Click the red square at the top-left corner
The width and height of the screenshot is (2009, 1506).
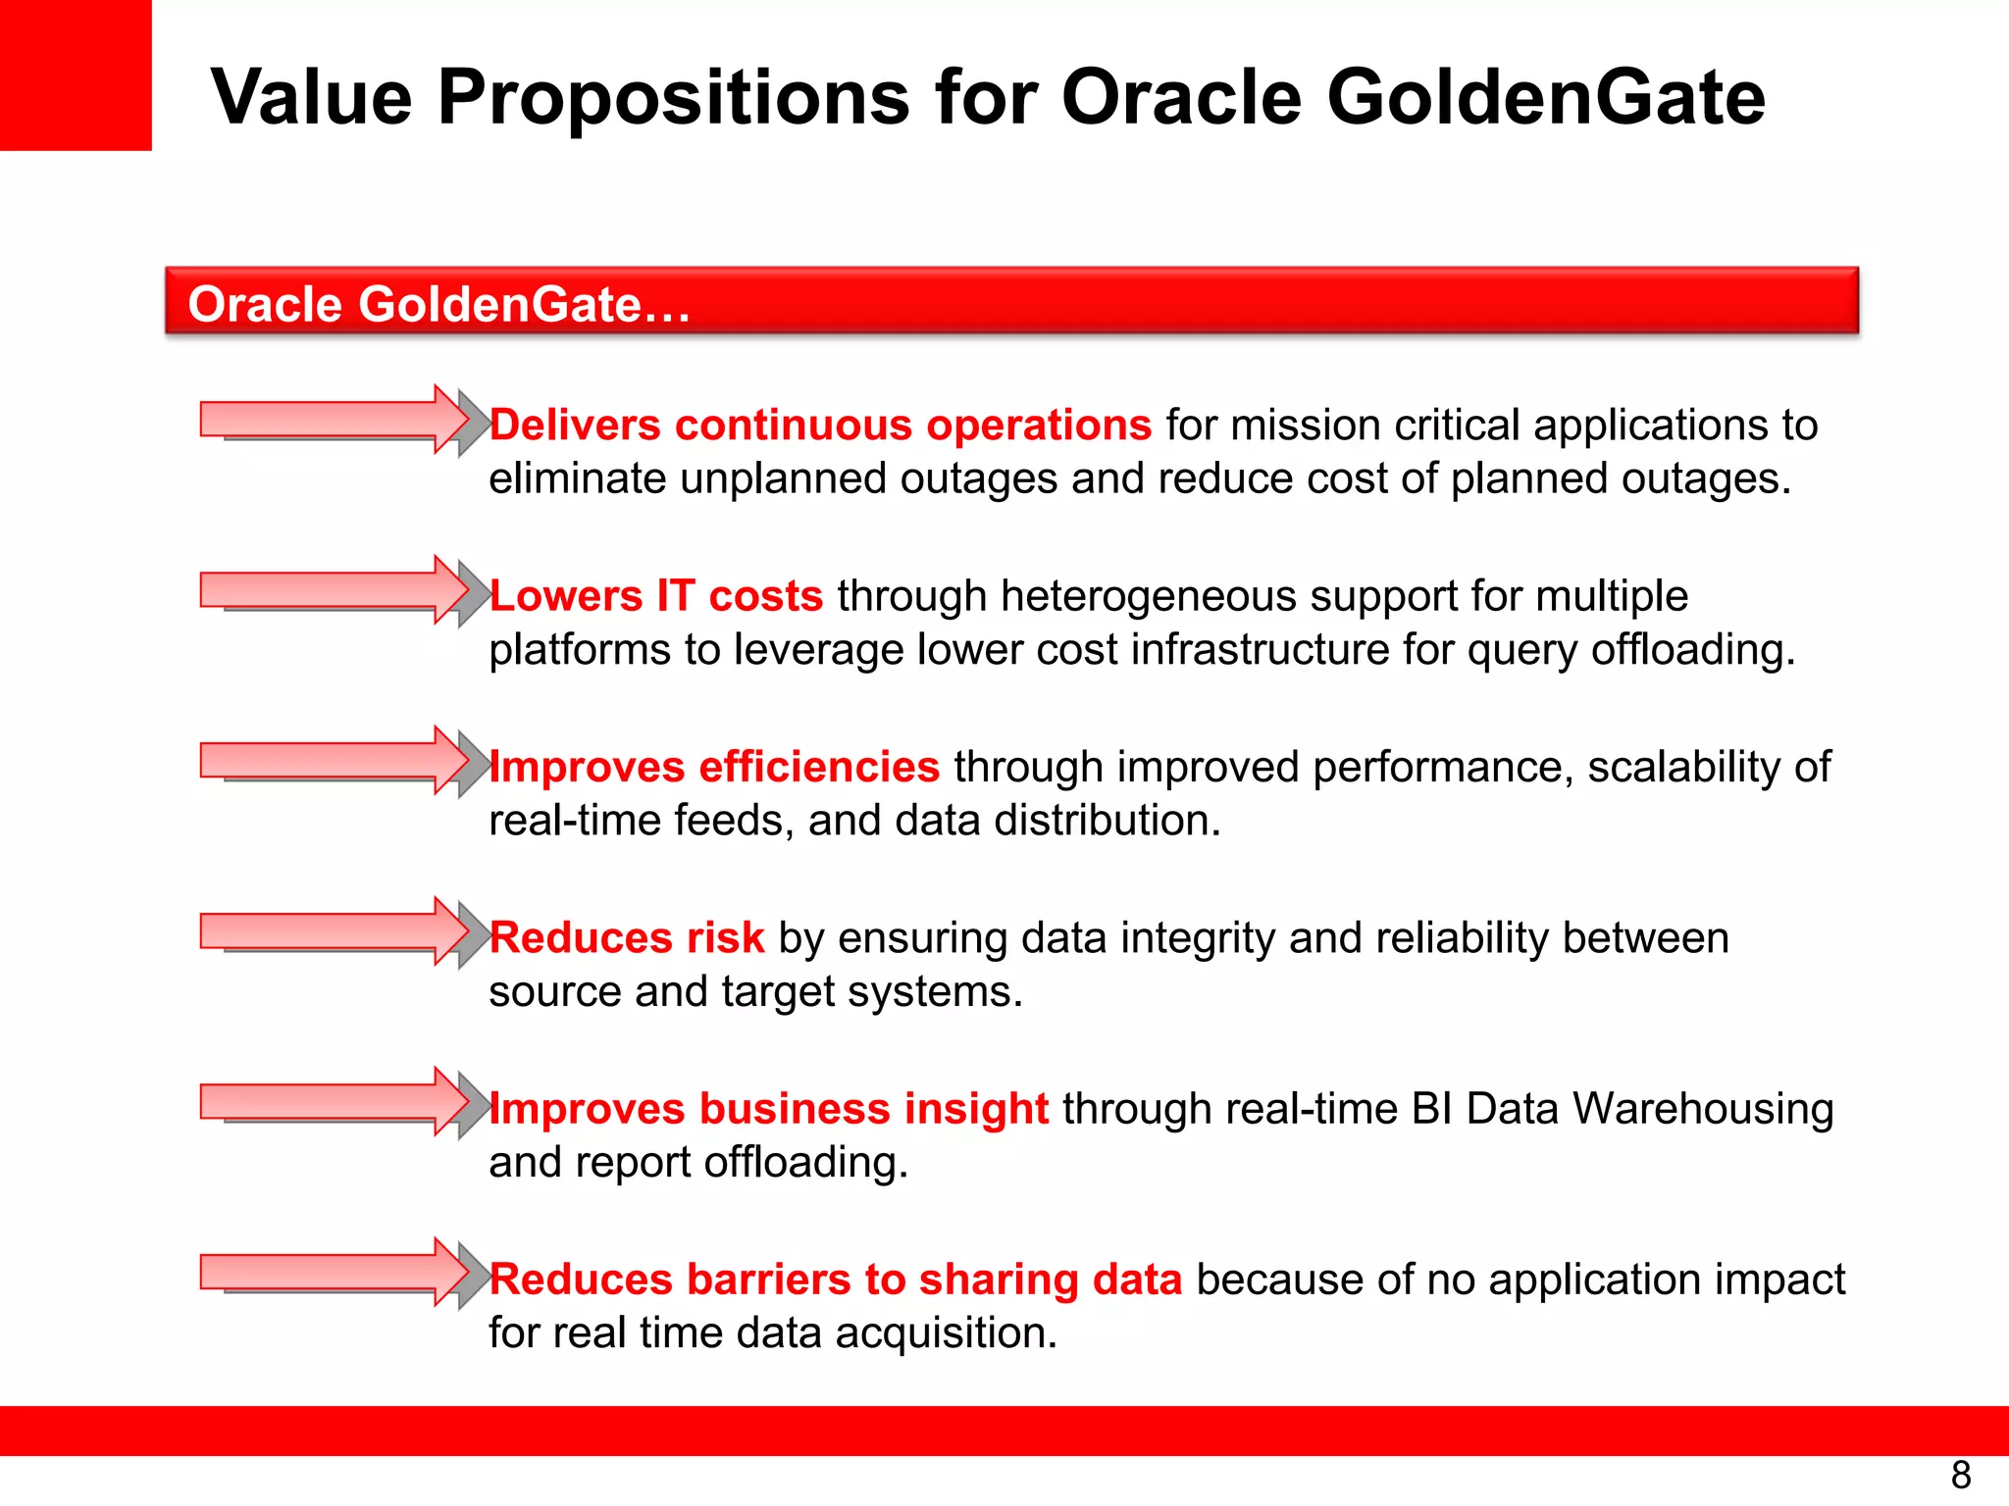[76, 75]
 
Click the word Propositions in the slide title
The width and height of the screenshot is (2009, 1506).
[674, 98]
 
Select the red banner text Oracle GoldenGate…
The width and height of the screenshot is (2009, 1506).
[438, 304]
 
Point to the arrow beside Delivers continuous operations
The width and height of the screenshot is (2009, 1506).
[338, 421]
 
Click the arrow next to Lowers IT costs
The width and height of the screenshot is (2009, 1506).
[338, 591]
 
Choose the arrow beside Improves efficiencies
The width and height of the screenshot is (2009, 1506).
[338, 762]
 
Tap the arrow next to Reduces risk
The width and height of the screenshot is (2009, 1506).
[338, 932]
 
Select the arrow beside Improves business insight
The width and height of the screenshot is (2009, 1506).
[338, 1103]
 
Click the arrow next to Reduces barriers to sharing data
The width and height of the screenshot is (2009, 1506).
[338, 1274]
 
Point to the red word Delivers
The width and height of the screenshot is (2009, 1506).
[575, 426]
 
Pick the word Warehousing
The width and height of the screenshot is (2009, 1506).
[1703, 1109]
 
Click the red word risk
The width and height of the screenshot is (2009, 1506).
[725, 938]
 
